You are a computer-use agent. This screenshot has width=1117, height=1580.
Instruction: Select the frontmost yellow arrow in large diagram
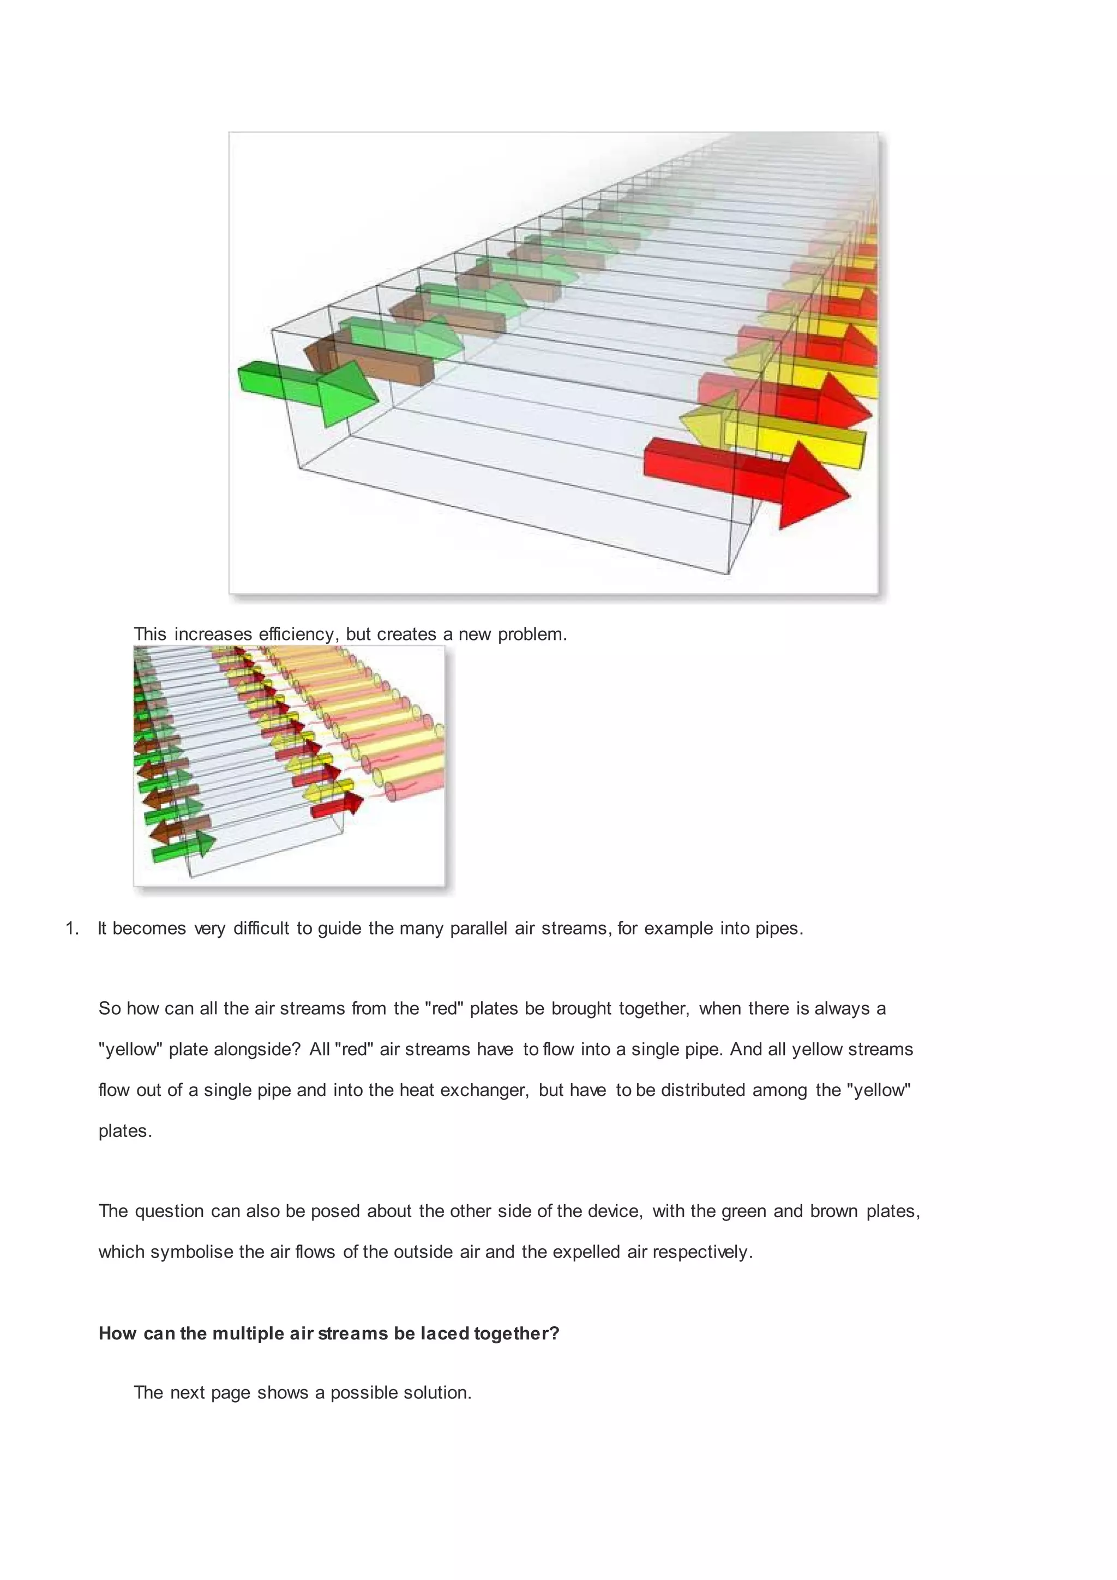click(x=770, y=436)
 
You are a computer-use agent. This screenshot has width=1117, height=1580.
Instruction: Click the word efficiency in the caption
click(x=297, y=634)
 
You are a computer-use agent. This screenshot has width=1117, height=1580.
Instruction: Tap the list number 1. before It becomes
click(x=72, y=929)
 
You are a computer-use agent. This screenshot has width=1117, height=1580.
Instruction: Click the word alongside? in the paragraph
click(x=257, y=1050)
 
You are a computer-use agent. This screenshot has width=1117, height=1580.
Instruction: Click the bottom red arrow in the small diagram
click(x=337, y=806)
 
